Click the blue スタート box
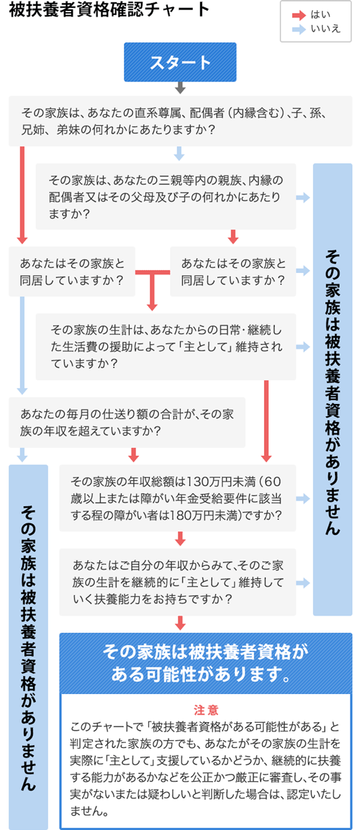(x=180, y=62)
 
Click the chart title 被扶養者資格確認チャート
(x=109, y=11)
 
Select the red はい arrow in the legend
(x=299, y=15)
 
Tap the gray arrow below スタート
(x=180, y=87)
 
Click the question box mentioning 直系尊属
(x=180, y=121)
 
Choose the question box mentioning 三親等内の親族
(x=166, y=197)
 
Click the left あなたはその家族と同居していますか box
(x=71, y=271)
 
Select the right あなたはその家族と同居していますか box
(x=233, y=271)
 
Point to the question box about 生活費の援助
(x=166, y=347)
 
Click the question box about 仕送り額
(x=127, y=423)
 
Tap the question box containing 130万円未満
(x=177, y=498)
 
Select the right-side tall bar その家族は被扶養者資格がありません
(x=333, y=389)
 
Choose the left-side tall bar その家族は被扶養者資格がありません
(x=29, y=647)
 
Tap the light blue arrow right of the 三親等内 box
(x=303, y=197)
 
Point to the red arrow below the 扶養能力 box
(x=181, y=623)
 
